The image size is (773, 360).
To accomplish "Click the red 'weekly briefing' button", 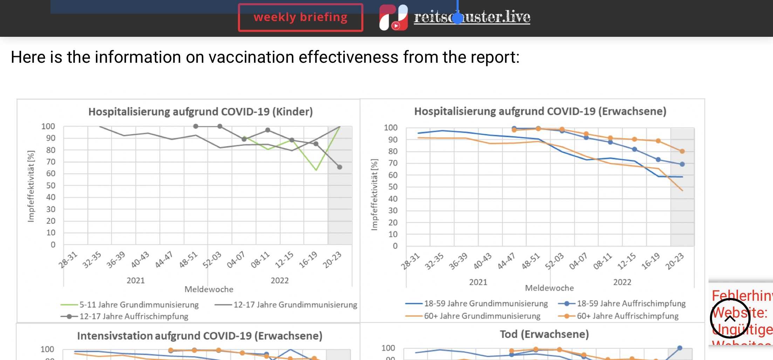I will click(x=300, y=17).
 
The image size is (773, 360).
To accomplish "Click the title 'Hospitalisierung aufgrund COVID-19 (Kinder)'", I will click(x=200, y=112).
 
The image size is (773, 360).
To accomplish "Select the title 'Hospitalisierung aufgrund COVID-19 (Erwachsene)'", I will click(x=540, y=111).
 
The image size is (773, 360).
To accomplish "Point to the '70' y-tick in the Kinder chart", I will click(x=51, y=162).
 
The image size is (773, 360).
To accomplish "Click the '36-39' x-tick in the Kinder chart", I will click(x=116, y=260).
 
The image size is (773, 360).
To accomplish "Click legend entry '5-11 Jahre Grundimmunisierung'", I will click(x=139, y=305).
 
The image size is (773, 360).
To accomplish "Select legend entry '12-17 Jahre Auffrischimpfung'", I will click(x=134, y=317).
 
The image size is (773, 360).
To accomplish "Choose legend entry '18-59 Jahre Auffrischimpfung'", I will click(x=631, y=304).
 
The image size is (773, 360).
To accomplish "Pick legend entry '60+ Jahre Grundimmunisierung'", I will click(x=482, y=316).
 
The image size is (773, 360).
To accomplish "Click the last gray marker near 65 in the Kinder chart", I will click(x=340, y=167).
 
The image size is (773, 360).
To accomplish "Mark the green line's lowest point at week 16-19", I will click(x=316, y=170).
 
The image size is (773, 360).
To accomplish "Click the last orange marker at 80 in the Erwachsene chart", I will click(x=682, y=151).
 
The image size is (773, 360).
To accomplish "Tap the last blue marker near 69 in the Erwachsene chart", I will click(x=682, y=164).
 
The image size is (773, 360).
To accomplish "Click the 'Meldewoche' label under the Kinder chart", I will click(x=209, y=290).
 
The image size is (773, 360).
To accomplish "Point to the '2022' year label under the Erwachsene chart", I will click(x=622, y=282).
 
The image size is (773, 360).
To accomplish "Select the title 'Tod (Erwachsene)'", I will click(x=544, y=334).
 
